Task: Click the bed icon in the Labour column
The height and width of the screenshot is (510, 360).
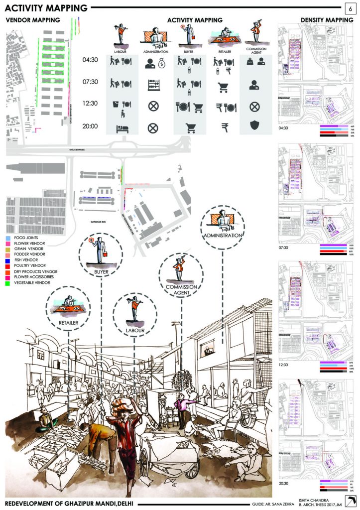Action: point(121,128)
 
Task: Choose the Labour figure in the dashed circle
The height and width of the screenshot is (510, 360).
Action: point(134,308)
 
